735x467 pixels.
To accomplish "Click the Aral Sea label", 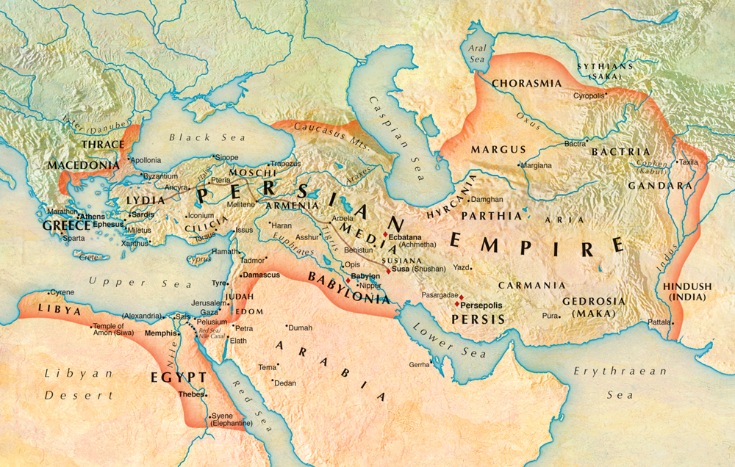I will click(x=478, y=53).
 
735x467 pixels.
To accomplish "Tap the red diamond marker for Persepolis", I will click(x=457, y=303).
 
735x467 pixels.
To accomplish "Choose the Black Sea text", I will click(x=190, y=137).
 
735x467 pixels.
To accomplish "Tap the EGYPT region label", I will click(x=178, y=377).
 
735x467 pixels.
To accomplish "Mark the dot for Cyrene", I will click(x=49, y=292).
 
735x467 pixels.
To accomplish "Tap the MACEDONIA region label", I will click(x=79, y=166).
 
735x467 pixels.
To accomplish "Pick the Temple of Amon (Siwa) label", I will click(x=117, y=330).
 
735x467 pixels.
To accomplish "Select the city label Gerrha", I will click(x=418, y=364).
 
